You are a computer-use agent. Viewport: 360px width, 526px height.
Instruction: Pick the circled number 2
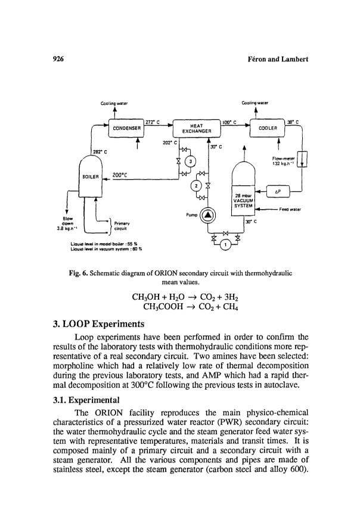[x=196, y=185]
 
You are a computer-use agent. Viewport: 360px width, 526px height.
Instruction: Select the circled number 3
[x=191, y=161]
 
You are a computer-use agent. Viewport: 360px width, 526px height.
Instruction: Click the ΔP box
[x=278, y=192]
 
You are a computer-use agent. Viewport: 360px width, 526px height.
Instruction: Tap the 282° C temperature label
[x=100, y=152]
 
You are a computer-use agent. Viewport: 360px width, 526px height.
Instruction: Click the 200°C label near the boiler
[x=120, y=175]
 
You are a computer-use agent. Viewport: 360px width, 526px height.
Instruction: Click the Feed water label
[x=290, y=209]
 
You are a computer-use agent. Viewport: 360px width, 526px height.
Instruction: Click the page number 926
[x=58, y=59]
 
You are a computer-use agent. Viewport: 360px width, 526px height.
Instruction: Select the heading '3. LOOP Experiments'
[x=98, y=324]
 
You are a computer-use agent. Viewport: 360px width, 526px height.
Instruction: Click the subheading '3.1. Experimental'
[x=86, y=400]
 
